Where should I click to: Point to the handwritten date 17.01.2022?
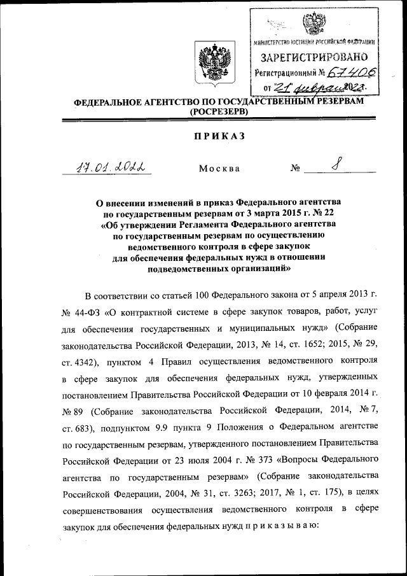click(x=107, y=167)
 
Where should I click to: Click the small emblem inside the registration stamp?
click(x=312, y=25)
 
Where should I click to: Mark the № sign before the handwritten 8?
click(x=295, y=169)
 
